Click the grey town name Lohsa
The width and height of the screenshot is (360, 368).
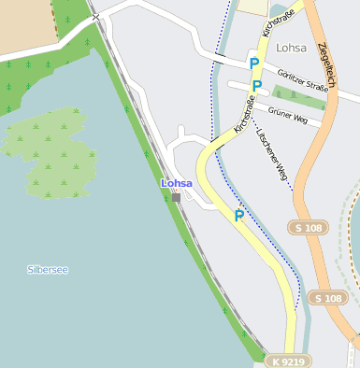[292, 47]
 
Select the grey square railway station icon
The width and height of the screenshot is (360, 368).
[176, 197]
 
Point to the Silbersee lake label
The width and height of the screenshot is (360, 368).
[48, 270]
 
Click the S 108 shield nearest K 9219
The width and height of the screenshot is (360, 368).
[328, 298]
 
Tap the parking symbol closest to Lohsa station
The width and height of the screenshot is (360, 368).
[239, 216]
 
